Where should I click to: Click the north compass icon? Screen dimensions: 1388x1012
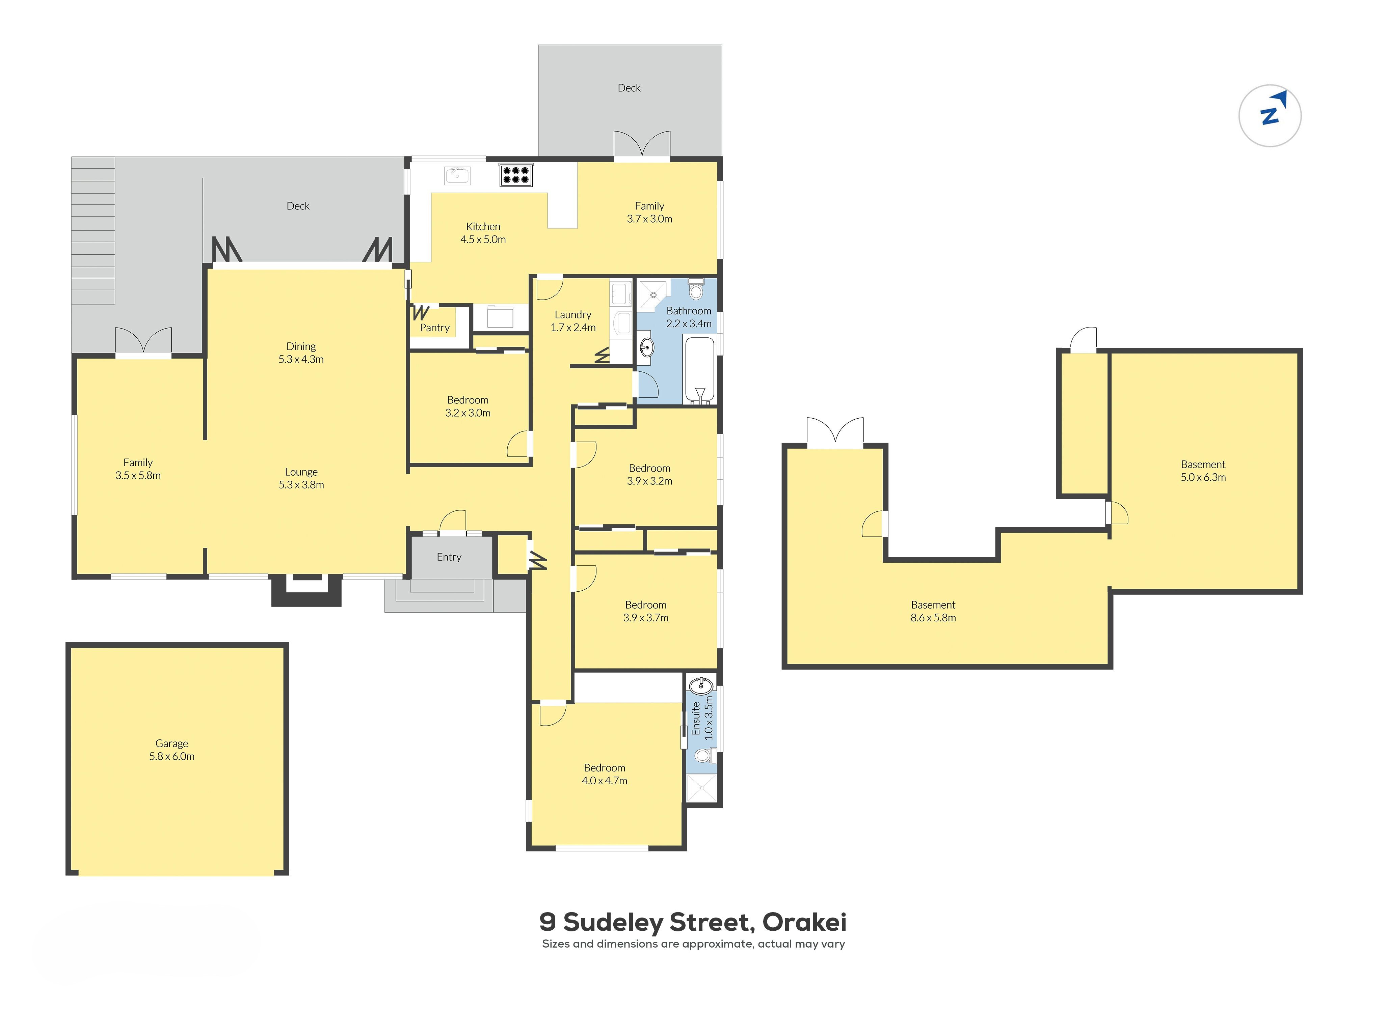[x=1270, y=115]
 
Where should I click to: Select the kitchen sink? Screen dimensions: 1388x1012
[x=457, y=175]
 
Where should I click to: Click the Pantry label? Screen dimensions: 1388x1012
[x=434, y=328]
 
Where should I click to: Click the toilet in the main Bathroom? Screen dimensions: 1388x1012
[x=696, y=288]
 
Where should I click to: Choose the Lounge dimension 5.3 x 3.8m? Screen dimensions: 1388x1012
[x=301, y=484]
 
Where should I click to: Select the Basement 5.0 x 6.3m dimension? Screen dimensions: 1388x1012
[x=1203, y=477]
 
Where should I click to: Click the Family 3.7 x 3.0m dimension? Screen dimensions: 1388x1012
[x=649, y=219]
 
